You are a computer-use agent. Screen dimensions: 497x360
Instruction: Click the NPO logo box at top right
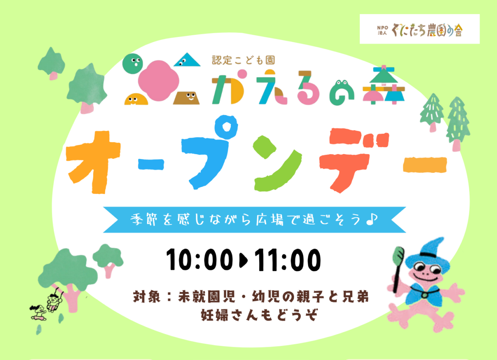pyautogui.click(x=420, y=29)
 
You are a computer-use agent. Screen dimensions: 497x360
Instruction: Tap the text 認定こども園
pyautogui.click(x=244, y=60)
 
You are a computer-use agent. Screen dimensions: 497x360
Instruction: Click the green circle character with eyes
pyautogui.click(x=133, y=64)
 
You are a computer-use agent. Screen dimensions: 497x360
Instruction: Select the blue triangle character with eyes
pyautogui.click(x=187, y=60)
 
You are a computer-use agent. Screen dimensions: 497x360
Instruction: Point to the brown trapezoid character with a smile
pyautogui.click(x=186, y=98)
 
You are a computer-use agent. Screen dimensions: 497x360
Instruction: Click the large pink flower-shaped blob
pyautogui.click(x=158, y=81)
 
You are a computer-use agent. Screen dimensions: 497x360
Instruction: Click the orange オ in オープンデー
pyautogui.click(x=94, y=162)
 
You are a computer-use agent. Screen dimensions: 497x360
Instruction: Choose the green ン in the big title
pyautogui.click(x=277, y=164)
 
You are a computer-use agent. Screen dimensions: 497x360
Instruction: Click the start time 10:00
pyautogui.click(x=200, y=260)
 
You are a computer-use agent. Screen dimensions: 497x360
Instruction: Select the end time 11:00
pyautogui.click(x=287, y=260)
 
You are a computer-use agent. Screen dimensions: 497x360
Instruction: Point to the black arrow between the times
pyautogui.click(x=244, y=260)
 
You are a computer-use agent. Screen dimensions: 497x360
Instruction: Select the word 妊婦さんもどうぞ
pyautogui.click(x=259, y=315)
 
